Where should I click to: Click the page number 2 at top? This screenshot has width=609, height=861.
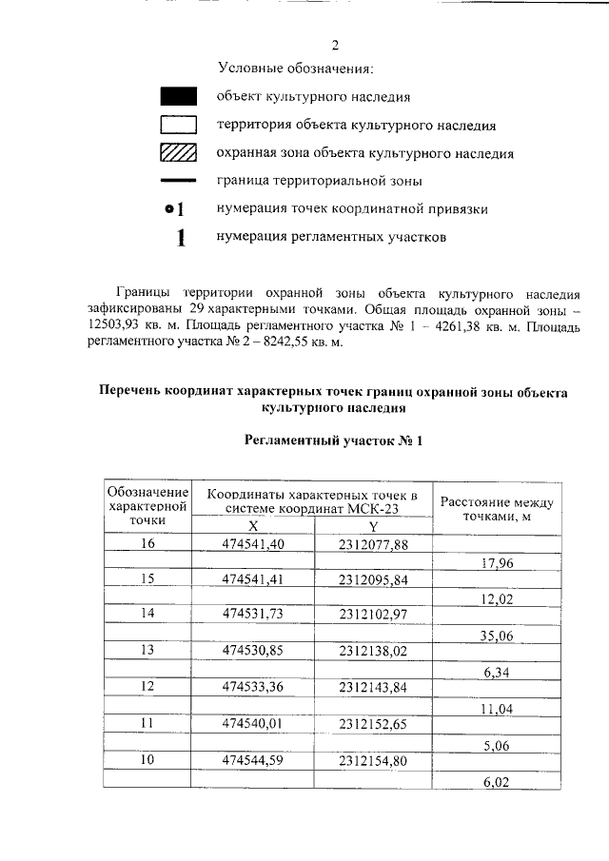334,45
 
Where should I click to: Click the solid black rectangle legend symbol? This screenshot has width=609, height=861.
178,96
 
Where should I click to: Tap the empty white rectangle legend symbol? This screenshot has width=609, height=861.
178,124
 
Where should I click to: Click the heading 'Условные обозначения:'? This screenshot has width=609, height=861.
295,68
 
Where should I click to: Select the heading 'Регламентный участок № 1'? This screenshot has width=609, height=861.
332,440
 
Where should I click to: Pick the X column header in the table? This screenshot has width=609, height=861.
253,525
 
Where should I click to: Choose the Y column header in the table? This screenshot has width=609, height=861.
373,525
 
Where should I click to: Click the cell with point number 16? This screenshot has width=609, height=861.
147,544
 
